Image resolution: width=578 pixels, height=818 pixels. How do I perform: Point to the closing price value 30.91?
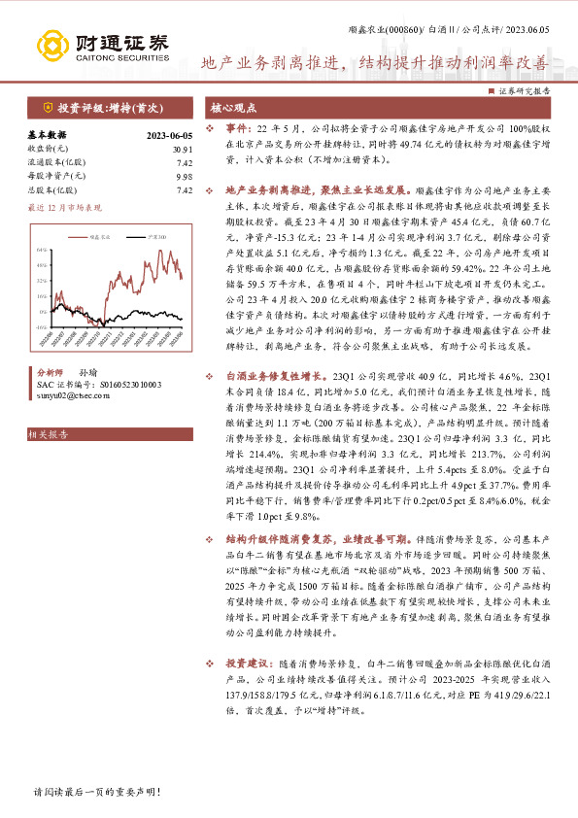(182, 149)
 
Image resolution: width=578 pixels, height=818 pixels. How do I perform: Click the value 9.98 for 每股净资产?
(184, 177)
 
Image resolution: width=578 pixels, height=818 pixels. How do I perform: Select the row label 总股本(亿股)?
(50, 190)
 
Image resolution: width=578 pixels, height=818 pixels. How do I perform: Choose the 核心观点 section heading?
(233, 108)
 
